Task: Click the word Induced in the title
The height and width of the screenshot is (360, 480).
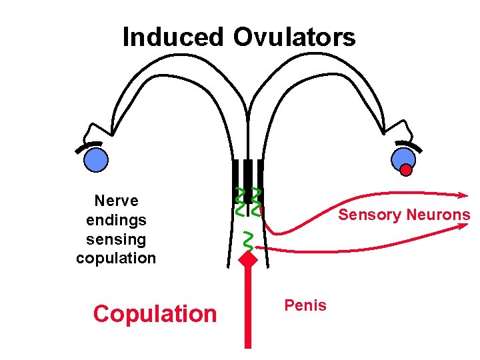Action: [x=173, y=37]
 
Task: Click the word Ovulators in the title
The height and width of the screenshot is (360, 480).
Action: [x=294, y=37]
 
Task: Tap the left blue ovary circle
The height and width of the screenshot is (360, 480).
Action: [x=96, y=159]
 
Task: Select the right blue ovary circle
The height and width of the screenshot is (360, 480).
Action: [x=403, y=159]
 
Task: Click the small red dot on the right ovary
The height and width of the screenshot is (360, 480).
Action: [x=406, y=170]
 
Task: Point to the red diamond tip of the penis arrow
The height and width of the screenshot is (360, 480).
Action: [x=248, y=258]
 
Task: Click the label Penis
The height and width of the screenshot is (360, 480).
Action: [x=305, y=306]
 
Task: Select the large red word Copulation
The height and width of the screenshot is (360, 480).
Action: [x=155, y=313]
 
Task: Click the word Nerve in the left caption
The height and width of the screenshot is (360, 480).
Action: [x=116, y=201]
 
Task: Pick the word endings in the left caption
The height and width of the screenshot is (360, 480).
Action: [x=116, y=219]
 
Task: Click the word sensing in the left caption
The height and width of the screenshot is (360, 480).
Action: [x=116, y=239]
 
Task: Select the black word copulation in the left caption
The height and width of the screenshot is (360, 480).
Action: [x=116, y=258]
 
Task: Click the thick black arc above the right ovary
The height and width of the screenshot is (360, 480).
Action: [x=409, y=145]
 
